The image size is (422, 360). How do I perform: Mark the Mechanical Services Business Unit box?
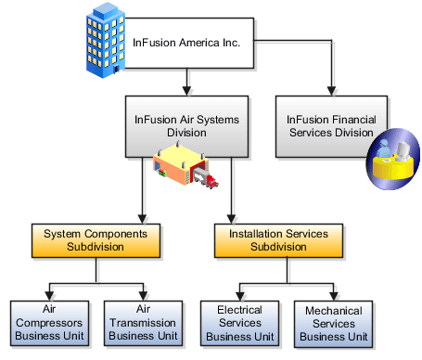point(331,322)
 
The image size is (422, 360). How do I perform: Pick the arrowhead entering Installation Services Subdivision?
point(232,219)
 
